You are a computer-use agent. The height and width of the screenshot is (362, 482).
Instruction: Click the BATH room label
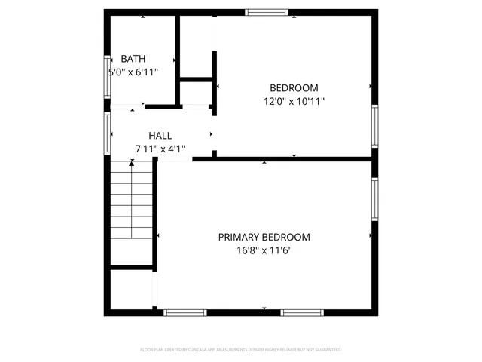tap(133, 59)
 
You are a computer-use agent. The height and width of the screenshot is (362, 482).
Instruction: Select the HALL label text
tap(160, 136)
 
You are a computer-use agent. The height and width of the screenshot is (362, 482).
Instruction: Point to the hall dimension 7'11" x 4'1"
tap(160, 149)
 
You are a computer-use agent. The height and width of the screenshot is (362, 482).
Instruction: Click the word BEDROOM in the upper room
tap(294, 87)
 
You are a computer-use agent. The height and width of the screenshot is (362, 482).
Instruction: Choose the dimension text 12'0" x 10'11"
tap(294, 100)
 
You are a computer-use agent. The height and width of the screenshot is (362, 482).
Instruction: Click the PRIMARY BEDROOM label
tap(264, 237)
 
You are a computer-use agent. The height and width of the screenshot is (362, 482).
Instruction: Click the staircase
tap(133, 214)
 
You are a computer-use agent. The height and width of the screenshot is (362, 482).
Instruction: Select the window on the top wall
tap(267, 11)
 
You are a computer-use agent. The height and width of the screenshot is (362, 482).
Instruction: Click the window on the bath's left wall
tap(107, 75)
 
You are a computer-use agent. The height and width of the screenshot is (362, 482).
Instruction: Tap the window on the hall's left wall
tap(107, 133)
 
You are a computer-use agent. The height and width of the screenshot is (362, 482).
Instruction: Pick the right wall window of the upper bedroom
tap(374, 126)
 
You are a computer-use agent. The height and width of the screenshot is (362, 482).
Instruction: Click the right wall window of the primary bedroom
tap(374, 199)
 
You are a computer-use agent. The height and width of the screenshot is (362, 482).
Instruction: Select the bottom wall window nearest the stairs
tap(185, 312)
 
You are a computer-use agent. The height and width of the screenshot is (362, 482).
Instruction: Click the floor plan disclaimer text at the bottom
tap(241, 350)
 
